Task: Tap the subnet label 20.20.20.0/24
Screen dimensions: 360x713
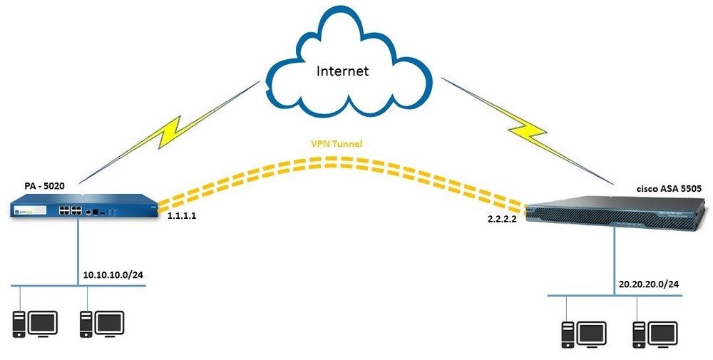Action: click(x=649, y=284)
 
